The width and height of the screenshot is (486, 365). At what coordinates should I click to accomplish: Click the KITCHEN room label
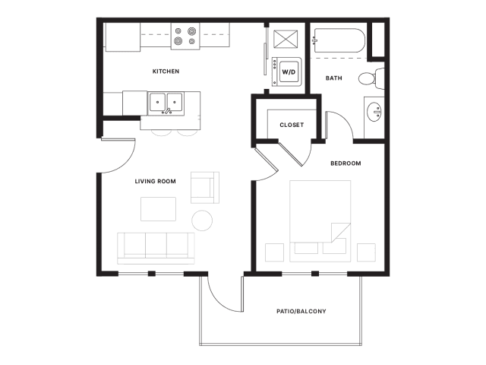tap(166, 71)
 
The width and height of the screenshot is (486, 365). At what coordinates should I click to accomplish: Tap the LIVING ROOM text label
tap(155, 181)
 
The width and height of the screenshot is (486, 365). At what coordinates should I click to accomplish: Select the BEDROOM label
tap(346, 163)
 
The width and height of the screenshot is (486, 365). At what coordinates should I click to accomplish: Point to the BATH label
tap(334, 78)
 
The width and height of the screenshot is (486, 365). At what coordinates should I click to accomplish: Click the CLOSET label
tap(292, 125)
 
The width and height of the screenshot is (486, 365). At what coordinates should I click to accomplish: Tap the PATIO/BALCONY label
tap(301, 311)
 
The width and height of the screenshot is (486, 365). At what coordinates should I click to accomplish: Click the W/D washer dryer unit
tap(287, 71)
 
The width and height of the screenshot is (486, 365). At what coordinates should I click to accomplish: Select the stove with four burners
tap(185, 36)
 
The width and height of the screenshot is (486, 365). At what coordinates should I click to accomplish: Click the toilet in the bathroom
tap(371, 78)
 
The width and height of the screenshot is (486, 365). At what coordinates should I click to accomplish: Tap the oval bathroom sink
tap(374, 112)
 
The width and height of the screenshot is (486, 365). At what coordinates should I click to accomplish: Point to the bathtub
tap(339, 40)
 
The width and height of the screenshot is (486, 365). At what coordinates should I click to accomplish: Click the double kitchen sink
tap(166, 103)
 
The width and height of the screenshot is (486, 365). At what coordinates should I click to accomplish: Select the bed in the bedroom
tap(320, 221)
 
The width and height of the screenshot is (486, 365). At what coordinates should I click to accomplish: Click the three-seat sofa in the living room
tap(156, 249)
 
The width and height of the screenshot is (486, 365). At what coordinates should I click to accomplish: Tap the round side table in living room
tap(202, 221)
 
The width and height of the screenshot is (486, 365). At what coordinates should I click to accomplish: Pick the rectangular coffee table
tap(159, 209)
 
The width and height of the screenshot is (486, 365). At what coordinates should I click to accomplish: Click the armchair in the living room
tap(205, 188)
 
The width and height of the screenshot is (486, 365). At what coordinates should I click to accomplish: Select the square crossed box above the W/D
tap(286, 39)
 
